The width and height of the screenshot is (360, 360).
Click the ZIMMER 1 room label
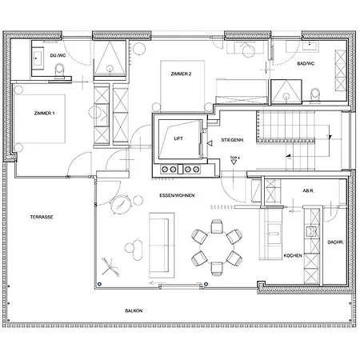[44, 115]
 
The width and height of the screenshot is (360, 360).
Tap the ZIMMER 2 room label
[181, 74]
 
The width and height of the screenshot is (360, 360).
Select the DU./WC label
[58, 55]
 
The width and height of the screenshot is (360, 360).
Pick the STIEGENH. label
[233, 139]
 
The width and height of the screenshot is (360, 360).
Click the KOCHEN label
[293, 255]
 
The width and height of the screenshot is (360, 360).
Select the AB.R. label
[306, 190]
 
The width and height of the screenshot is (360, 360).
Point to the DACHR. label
[335, 242]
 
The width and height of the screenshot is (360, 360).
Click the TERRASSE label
[42, 217]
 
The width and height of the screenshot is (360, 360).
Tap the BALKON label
[134, 310]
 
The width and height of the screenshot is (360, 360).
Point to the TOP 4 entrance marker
[234, 160]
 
